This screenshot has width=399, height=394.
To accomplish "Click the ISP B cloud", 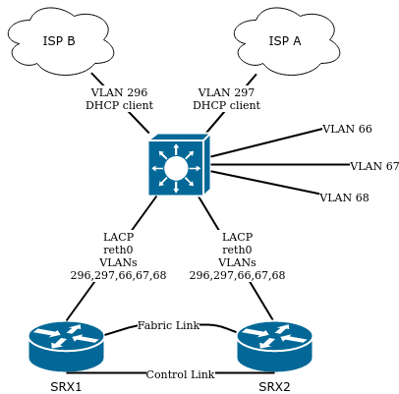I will pos(60,41).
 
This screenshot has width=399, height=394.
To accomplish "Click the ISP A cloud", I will pos(286,41).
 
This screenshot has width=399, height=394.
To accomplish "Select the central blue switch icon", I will pos(177,167).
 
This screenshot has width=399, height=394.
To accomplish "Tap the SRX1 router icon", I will pos(66,345).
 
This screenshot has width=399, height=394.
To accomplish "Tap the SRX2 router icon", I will pos(274,345).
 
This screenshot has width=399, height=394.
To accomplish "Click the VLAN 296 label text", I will pos(119,92).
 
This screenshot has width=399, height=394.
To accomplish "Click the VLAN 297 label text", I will pos(226,92).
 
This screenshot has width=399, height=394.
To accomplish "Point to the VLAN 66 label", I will pos(347,129).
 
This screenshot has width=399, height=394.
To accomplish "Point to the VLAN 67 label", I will pos(374,166).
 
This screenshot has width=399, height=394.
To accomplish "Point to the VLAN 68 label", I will pos(344,197).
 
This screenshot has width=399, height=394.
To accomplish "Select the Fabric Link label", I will pos(168,325).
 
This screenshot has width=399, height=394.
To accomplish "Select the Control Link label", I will pos(180,374).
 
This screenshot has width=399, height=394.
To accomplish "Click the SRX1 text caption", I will pos(66,386).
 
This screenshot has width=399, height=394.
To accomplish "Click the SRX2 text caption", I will pos(274,386).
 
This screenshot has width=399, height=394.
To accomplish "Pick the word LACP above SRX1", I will pos(118,237).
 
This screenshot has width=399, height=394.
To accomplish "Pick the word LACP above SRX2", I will pos(237,237).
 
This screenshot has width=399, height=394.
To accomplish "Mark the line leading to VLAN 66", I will pos(265,142).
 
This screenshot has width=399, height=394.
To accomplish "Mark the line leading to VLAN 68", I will pos(265,184).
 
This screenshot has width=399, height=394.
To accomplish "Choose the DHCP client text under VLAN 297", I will pos(226,105).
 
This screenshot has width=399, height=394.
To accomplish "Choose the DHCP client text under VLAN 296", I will pos(119,105).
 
